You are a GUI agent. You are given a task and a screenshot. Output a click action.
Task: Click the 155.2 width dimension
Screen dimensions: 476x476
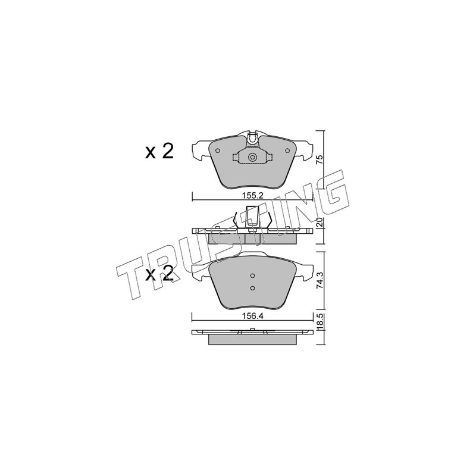point(252,196)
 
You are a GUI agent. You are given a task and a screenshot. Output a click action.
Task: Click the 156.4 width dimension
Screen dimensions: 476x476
point(252,316)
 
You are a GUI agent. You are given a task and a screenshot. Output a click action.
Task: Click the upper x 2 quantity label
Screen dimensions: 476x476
point(159,151)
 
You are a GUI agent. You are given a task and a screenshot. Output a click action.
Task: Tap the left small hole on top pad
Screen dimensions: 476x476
point(217,151)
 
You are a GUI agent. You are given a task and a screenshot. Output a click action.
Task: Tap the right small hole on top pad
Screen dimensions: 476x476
point(287,151)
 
